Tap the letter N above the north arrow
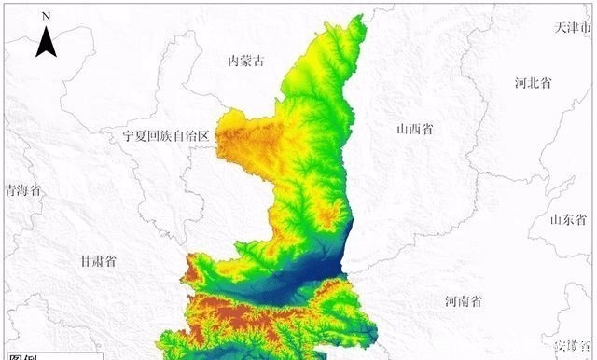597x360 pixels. tap(46, 17)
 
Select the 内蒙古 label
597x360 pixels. tap(246, 62)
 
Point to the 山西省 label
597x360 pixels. tap(414, 130)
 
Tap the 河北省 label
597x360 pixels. tap(533, 82)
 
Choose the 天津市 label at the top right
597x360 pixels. tap(572, 27)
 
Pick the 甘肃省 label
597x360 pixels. tap(97, 261)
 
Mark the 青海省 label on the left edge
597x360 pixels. tap(22, 190)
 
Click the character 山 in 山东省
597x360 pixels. tap(554, 220)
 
